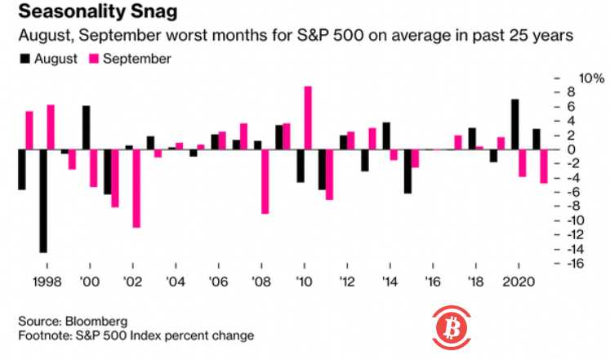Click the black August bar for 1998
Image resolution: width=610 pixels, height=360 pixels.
click(x=42, y=201)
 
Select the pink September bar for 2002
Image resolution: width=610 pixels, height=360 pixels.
click(x=136, y=189)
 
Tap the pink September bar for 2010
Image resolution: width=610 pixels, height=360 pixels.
click(x=308, y=118)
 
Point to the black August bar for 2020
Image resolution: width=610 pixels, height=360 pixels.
click(x=514, y=125)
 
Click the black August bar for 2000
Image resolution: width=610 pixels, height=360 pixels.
click(x=86, y=128)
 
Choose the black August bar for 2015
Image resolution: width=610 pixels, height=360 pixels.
click(x=407, y=171)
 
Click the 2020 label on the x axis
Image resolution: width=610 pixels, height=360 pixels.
click(x=516, y=282)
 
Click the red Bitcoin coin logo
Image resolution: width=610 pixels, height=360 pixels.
click(x=448, y=327)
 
